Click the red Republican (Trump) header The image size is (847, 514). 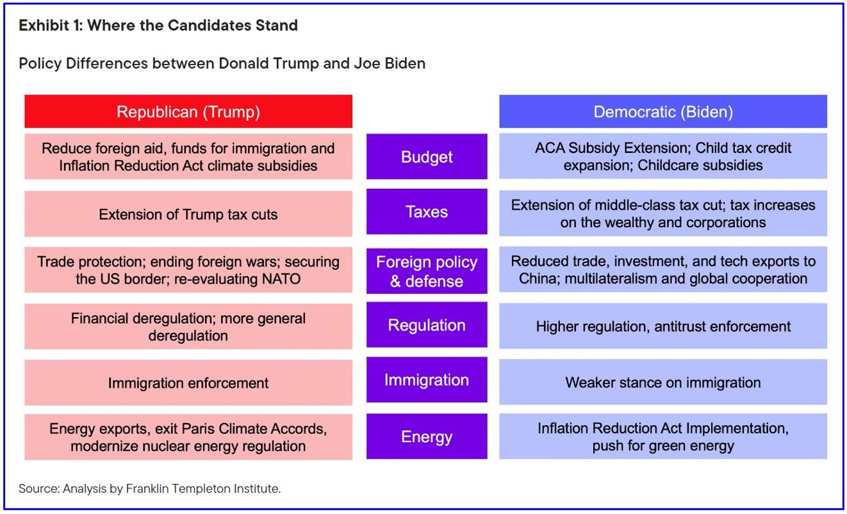coord(188,111)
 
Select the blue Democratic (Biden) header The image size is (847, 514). coord(663,111)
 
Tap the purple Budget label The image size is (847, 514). coord(427,156)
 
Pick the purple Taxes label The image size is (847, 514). coord(427,211)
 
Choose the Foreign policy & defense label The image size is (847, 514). coord(427,271)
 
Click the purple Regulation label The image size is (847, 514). coord(427,325)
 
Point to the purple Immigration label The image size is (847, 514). coord(427,380)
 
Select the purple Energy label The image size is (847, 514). coord(427,436)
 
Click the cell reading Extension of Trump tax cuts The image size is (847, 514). coord(188,214)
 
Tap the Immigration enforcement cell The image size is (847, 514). coord(188,383)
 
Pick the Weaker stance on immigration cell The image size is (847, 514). coord(663,382)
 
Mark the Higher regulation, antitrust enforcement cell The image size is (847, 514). coord(663,326)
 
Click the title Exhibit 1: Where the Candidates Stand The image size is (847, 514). coord(158,26)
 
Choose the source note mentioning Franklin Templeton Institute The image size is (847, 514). coord(150,488)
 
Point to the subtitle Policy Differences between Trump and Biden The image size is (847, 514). coord(222,63)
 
